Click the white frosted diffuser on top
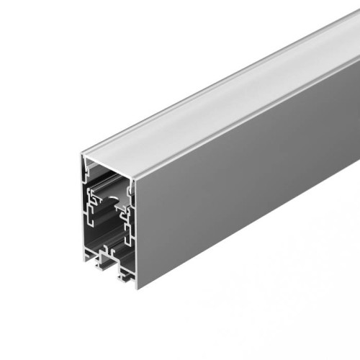coord(216,101)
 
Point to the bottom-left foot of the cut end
coord(88,251)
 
